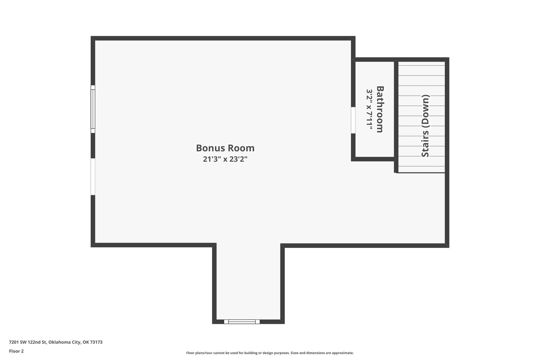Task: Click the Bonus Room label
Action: pos(225,148)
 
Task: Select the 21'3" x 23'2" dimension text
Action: pos(225,159)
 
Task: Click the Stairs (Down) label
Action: pos(425,126)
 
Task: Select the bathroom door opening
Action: pos(353,120)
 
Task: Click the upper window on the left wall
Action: pos(93,109)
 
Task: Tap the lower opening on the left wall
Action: pos(93,176)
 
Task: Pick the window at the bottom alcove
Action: pos(242,321)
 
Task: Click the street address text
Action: pos(56,342)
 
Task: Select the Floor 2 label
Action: pos(16,351)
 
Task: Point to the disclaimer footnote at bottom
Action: pos(270,353)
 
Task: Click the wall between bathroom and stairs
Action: pos(396,111)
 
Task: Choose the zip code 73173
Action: pos(96,342)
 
